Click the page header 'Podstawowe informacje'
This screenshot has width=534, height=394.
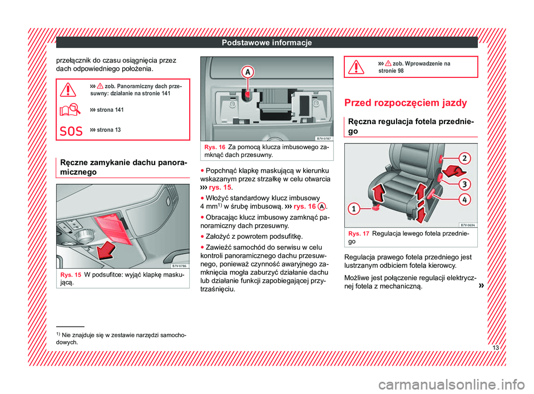(x=267, y=43)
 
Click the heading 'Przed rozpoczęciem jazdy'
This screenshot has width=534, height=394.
(x=407, y=104)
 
